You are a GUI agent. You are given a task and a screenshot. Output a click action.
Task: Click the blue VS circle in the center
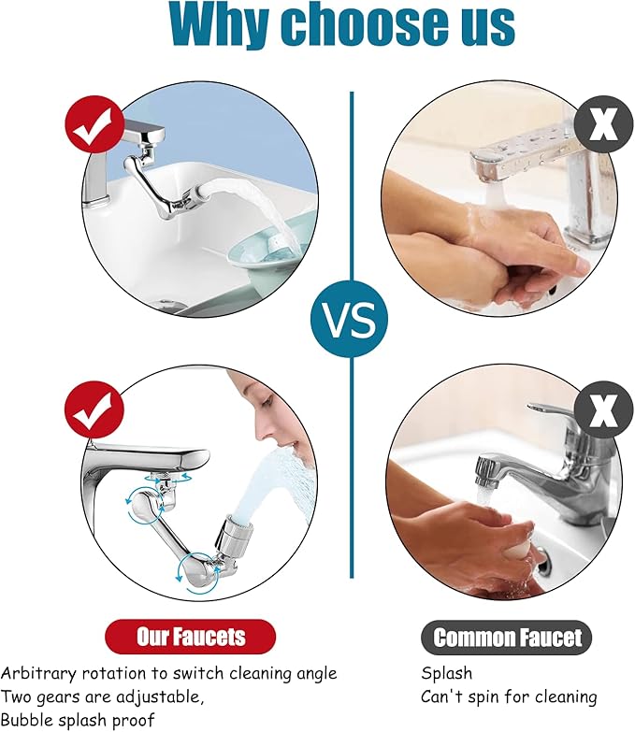[x=349, y=320]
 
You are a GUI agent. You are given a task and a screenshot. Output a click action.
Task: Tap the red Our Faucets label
[x=191, y=637]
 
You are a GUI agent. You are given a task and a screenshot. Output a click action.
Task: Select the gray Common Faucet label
[x=507, y=638]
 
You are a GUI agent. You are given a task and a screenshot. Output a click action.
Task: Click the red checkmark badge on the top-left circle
[x=94, y=124]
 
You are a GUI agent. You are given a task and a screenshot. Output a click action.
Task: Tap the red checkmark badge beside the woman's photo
[x=94, y=410]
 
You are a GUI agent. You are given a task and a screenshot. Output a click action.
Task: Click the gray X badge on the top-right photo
[x=603, y=123]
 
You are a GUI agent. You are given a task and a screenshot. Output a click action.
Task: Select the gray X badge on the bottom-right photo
[x=603, y=410]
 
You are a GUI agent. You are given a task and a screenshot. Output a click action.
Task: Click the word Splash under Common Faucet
[x=446, y=674]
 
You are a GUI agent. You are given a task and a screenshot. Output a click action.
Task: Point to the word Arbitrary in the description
[x=38, y=673]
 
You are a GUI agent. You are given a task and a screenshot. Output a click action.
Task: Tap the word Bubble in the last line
[x=26, y=720]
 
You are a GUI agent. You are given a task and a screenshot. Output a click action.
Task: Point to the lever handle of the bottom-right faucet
[x=551, y=410]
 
